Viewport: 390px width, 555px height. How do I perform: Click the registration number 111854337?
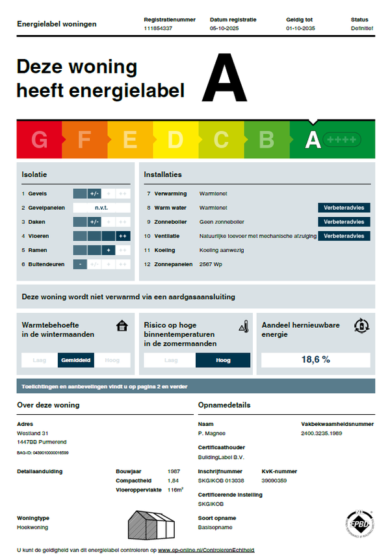(158, 29)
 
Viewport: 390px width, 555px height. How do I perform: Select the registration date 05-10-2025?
(226, 29)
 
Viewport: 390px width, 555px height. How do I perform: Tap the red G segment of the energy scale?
(39, 140)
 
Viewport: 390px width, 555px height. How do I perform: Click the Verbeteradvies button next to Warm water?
(344, 208)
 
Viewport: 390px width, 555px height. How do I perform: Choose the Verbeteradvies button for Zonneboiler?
(344, 222)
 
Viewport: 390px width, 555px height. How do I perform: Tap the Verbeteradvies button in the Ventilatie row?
(344, 236)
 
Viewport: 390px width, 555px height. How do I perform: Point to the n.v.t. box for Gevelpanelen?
(101, 208)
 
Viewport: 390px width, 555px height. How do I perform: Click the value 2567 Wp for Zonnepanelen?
(212, 264)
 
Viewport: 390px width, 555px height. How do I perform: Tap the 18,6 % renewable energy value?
(316, 360)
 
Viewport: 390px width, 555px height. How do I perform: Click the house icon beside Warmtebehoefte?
(120, 326)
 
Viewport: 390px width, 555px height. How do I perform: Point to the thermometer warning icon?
(243, 326)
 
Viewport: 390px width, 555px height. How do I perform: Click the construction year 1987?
(174, 471)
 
